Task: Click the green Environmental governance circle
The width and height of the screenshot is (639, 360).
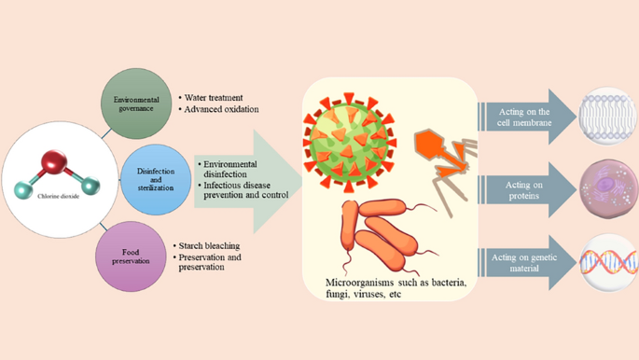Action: click(x=136, y=104)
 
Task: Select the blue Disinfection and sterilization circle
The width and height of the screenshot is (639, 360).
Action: click(x=156, y=179)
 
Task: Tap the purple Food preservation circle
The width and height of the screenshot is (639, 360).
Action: click(x=131, y=256)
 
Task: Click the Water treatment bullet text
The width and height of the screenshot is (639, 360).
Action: click(x=214, y=98)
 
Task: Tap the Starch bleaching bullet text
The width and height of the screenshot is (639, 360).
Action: click(x=210, y=246)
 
